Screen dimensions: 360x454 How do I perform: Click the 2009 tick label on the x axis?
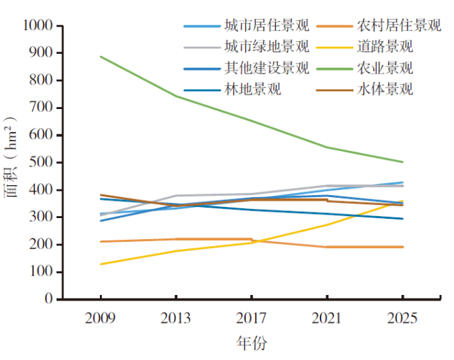100,319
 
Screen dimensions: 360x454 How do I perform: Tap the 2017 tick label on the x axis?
251,319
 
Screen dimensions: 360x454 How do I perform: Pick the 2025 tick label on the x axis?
402,319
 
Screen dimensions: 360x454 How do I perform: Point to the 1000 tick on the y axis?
38,26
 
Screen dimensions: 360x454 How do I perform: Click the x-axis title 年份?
251,344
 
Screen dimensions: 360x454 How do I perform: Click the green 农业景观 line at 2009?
101,57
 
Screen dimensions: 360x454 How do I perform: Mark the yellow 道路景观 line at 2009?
101,264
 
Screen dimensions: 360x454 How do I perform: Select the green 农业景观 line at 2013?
176,96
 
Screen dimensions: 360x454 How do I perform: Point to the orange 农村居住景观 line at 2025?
402,247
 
